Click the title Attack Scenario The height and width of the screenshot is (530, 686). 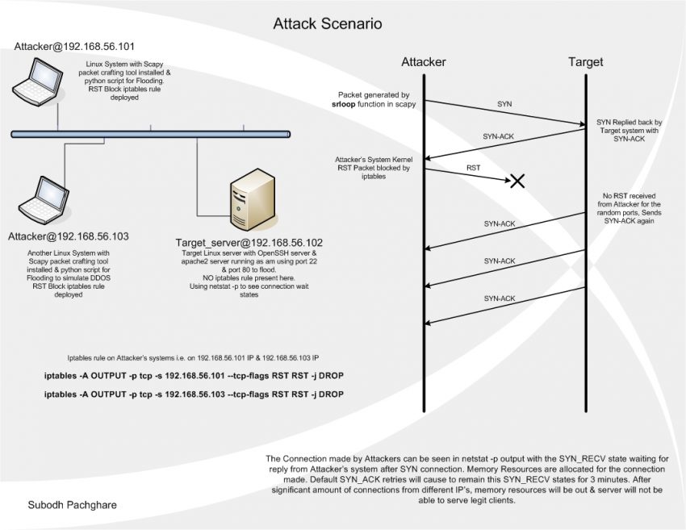(327, 24)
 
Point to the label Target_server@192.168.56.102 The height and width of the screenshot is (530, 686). (249, 242)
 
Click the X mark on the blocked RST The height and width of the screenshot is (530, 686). (517, 181)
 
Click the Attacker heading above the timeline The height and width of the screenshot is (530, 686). (424, 62)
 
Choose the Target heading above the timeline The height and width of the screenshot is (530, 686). (585, 62)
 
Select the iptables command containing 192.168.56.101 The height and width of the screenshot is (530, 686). (194, 377)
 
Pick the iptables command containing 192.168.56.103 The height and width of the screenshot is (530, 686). (194, 394)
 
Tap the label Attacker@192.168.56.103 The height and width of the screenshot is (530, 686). (69, 237)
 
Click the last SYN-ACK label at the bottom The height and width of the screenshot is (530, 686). (500, 298)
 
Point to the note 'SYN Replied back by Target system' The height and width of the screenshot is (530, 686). (628, 131)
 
